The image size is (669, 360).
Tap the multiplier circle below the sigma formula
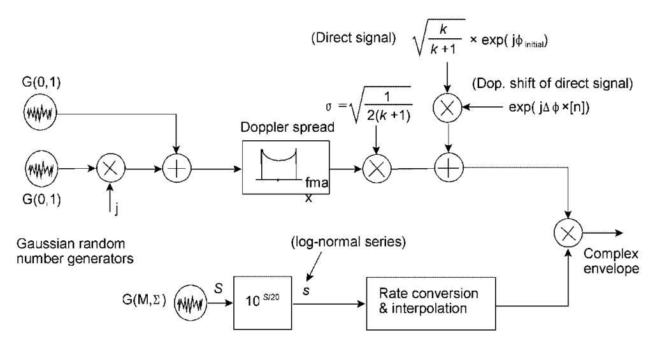click(x=375, y=169)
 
